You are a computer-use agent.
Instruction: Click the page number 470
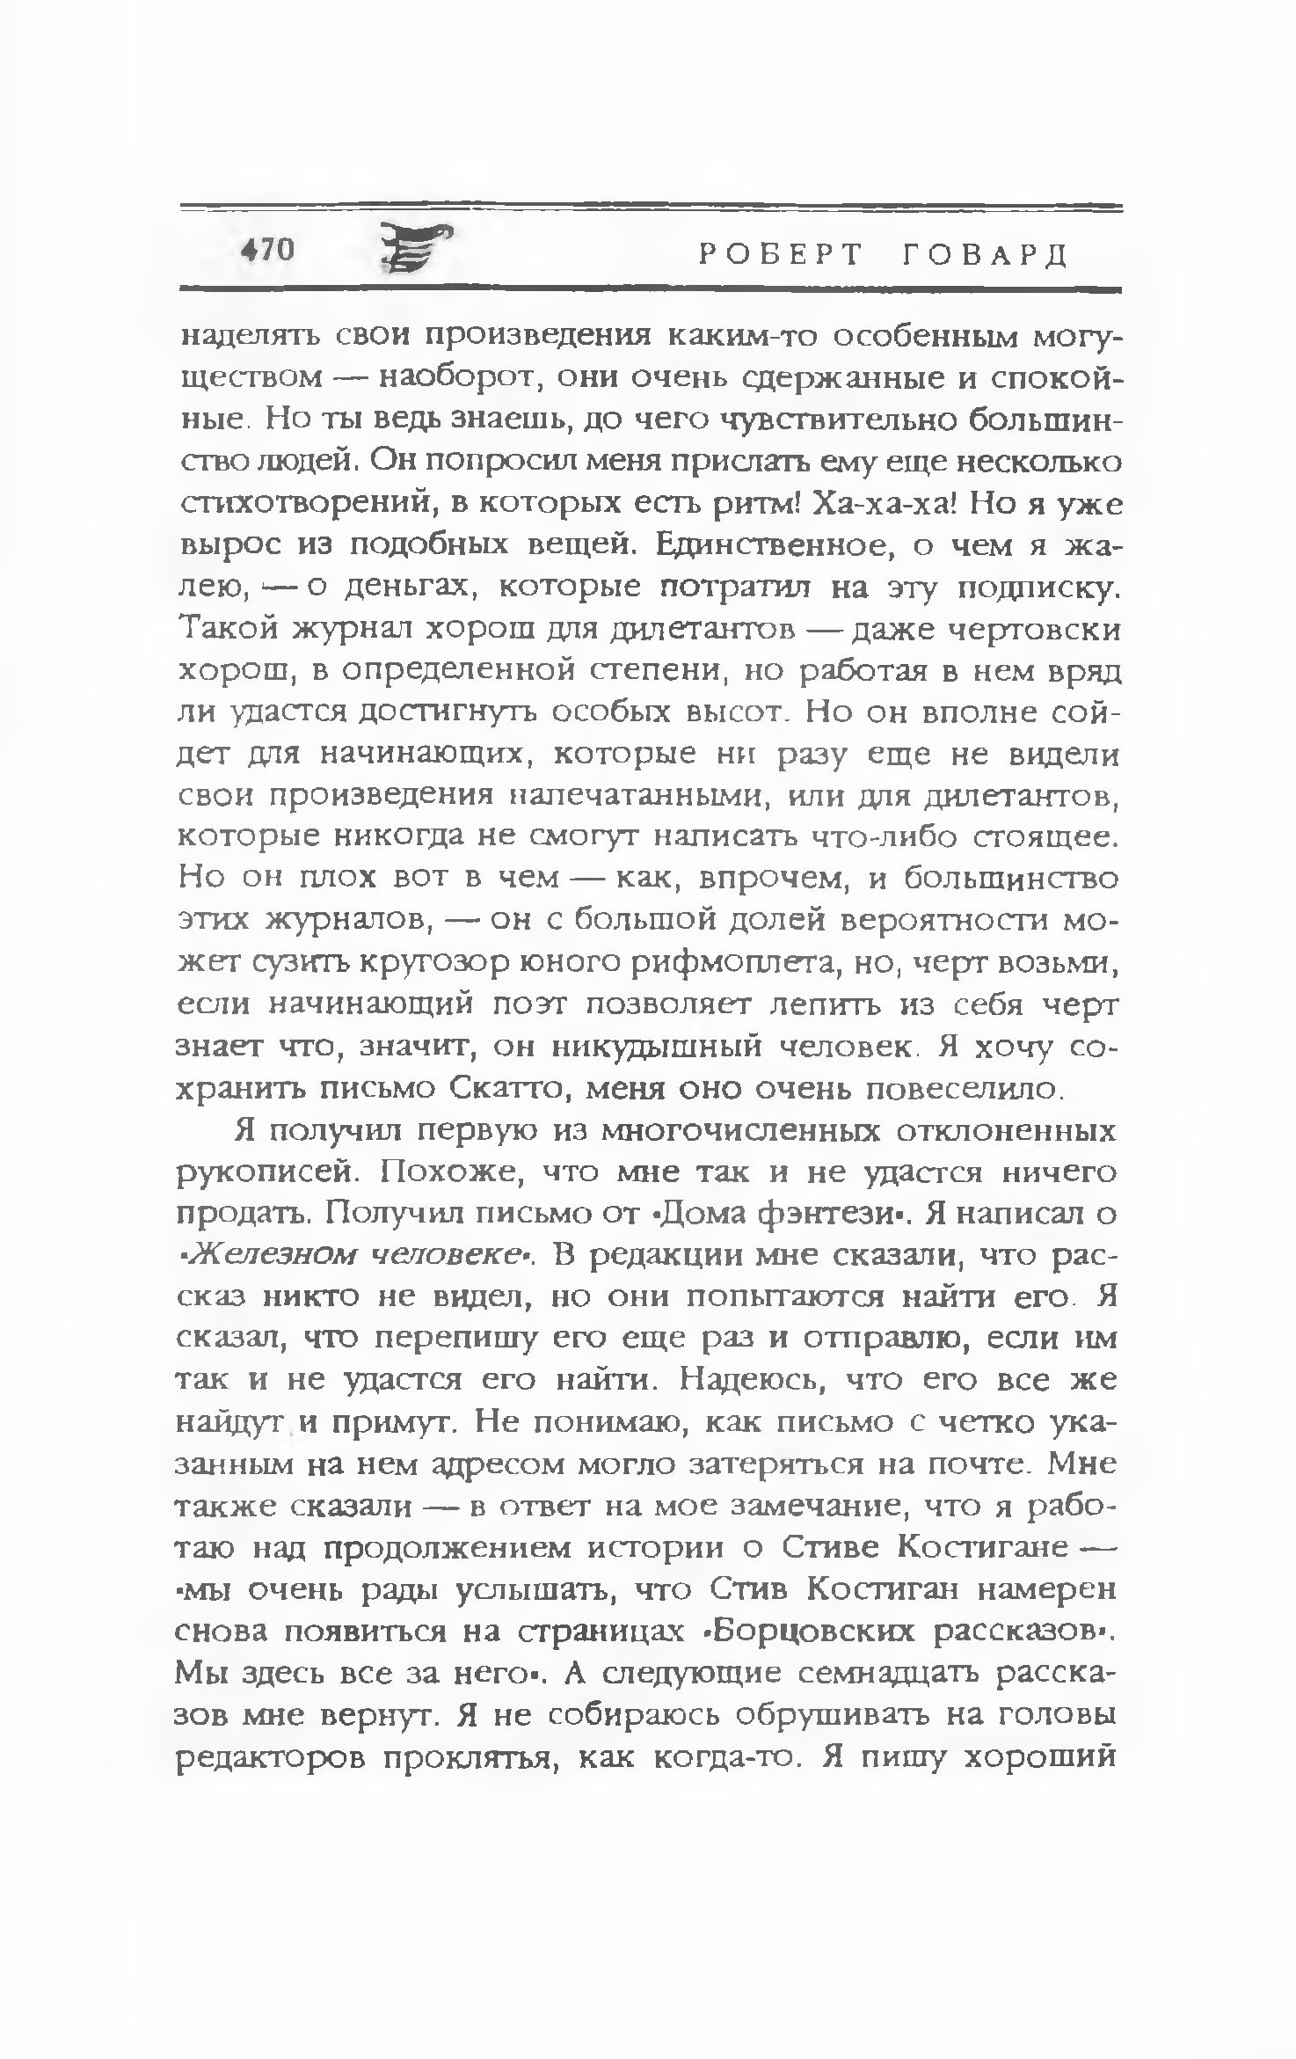tap(267, 251)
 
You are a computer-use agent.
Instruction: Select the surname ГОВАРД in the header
tap(985, 255)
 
